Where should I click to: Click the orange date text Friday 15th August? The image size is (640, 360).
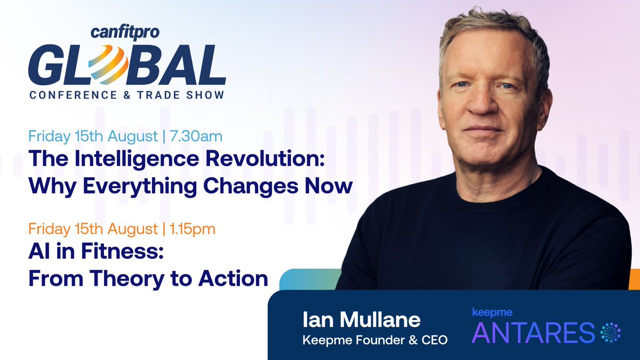click(x=93, y=230)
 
